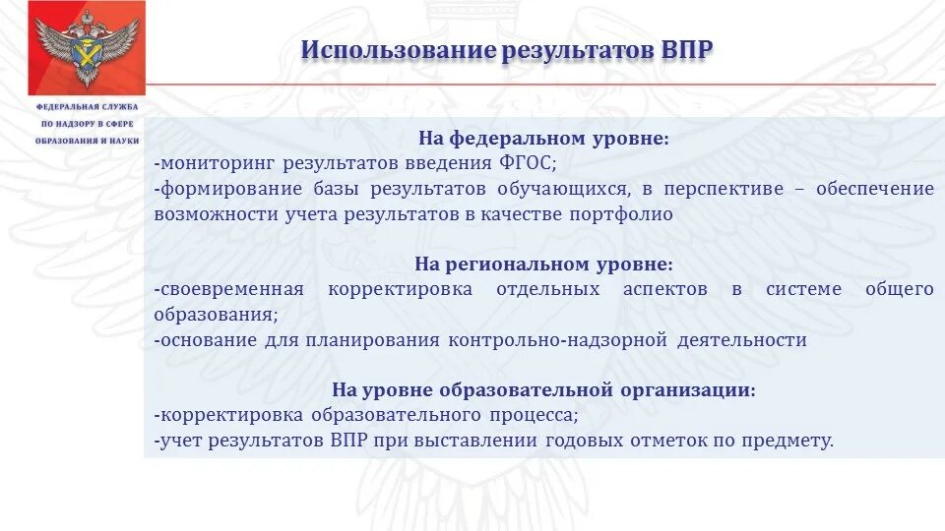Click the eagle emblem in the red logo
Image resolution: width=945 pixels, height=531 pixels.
point(73,46)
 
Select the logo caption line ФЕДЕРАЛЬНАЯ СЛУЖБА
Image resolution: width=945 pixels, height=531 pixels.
point(88,106)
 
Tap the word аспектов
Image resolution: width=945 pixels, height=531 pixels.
point(664,290)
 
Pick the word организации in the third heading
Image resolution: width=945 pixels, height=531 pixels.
point(685,390)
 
